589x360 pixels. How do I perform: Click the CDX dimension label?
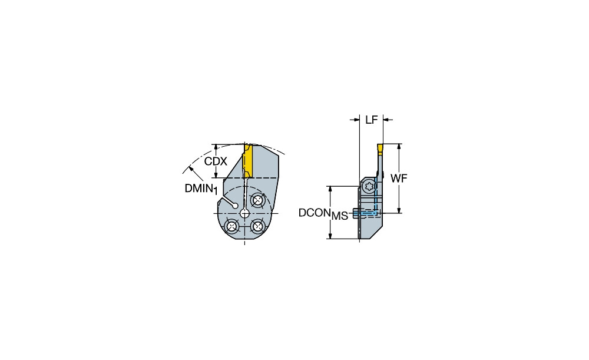pyautogui.click(x=216, y=161)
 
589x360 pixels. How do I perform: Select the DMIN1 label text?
pyautogui.click(x=201, y=189)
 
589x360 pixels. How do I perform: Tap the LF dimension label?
pyautogui.click(x=372, y=120)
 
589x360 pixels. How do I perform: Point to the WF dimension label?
pyautogui.click(x=399, y=179)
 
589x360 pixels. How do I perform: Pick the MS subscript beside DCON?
pyautogui.click(x=340, y=216)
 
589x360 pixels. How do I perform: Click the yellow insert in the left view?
pyautogui.click(x=247, y=161)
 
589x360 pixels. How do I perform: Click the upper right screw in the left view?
pyautogui.click(x=257, y=200)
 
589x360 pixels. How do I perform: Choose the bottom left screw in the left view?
pyautogui.click(x=231, y=226)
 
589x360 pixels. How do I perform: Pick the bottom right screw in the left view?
pyautogui.click(x=257, y=226)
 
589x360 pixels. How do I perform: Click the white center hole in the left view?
pyautogui.click(x=244, y=213)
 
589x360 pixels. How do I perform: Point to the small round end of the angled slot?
pyautogui.click(x=235, y=206)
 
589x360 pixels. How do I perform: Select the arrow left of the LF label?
pyautogui.click(x=355, y=120)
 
